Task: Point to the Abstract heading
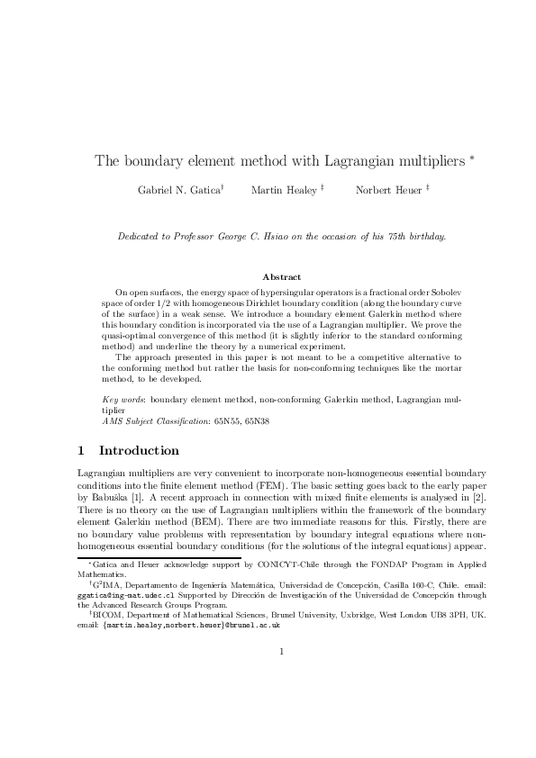pyautogui.click(x=281, y=276)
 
